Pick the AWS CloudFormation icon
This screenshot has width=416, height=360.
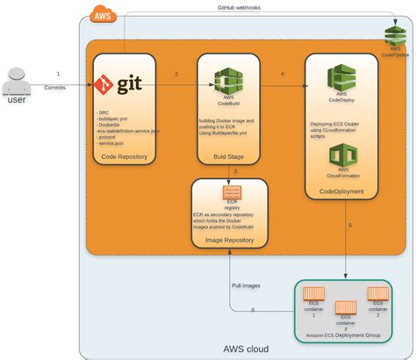pyautogui.click(x=341, y=156)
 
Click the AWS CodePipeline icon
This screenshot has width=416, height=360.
pyautogui.click(x=394, y=36)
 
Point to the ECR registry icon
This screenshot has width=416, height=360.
pyautogui.click(x=232, y=193)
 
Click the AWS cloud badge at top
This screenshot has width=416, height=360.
pyautogui.click(x=104, y=15)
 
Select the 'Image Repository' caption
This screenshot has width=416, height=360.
pyautogui.click(x=231, y=237)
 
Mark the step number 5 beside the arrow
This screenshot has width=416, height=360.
pyautogui.click(x=350, y=225)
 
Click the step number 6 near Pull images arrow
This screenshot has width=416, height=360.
pyautogui.click(x=253, y=310)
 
